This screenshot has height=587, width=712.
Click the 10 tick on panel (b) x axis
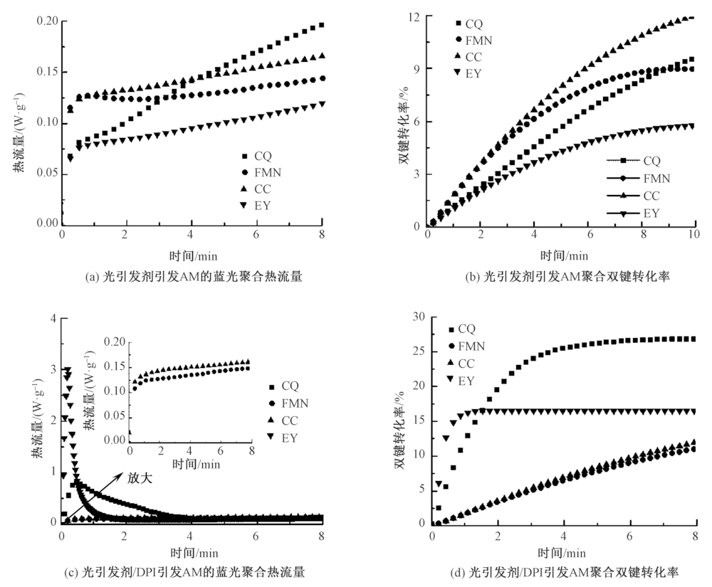point(695,236)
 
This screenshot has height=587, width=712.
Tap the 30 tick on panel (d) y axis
point(417,317)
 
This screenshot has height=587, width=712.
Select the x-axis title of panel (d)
point(562,551)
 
